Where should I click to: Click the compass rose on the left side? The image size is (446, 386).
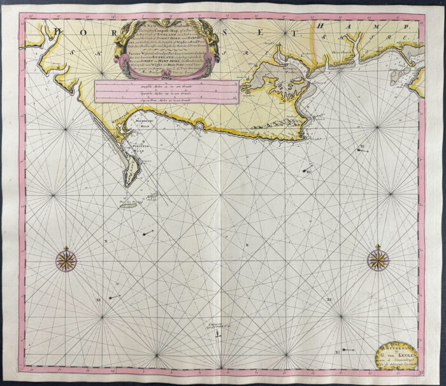click(x=66, y=259)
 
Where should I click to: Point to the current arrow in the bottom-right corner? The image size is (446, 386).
click(x=347, y=350)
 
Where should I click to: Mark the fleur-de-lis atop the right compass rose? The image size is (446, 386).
click(x=377, y=246)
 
